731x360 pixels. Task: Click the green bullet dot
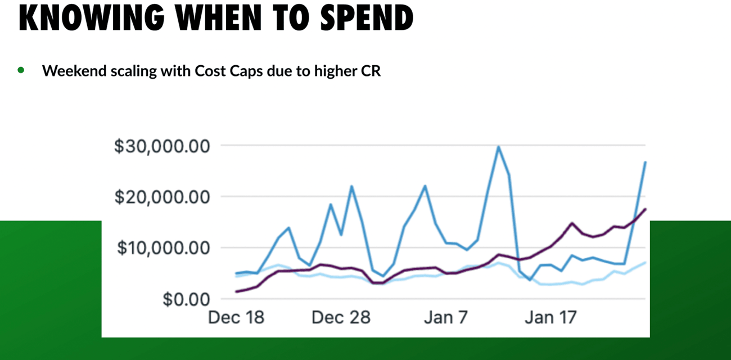(21, 70)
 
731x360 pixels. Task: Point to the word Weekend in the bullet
(70, 71)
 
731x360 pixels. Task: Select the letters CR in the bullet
(371, 71)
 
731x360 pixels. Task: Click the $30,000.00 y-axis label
(162, 146)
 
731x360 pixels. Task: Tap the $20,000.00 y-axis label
(162, 197)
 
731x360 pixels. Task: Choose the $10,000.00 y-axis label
(162, 248)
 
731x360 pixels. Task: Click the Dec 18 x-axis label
(236, 318)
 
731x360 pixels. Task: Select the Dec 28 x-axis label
(341, 318)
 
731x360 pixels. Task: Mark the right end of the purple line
(646, 209)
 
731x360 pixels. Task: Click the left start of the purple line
(236, 291)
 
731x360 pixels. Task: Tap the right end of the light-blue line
(646, 262)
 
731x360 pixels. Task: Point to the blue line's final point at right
(646, 162)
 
